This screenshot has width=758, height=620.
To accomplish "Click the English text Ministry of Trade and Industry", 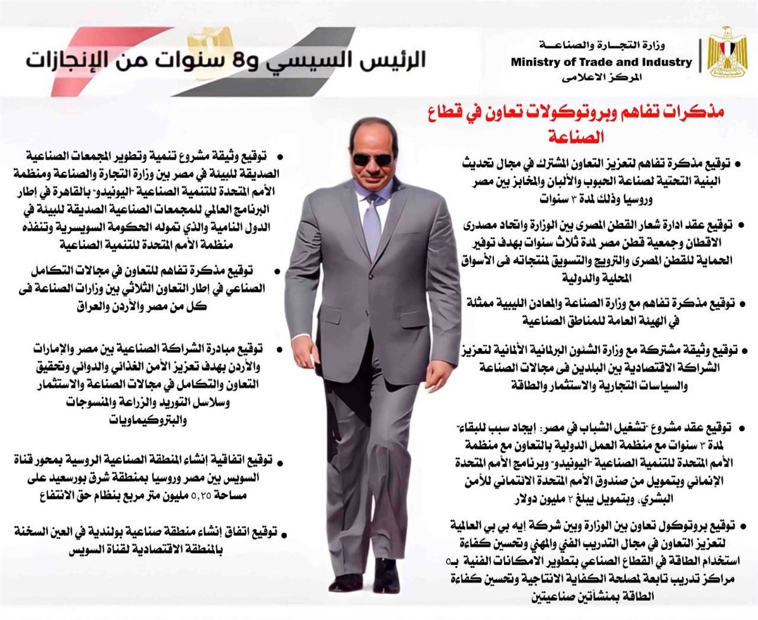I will pos(601,62).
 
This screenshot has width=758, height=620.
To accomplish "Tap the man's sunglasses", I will pos(372,159).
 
